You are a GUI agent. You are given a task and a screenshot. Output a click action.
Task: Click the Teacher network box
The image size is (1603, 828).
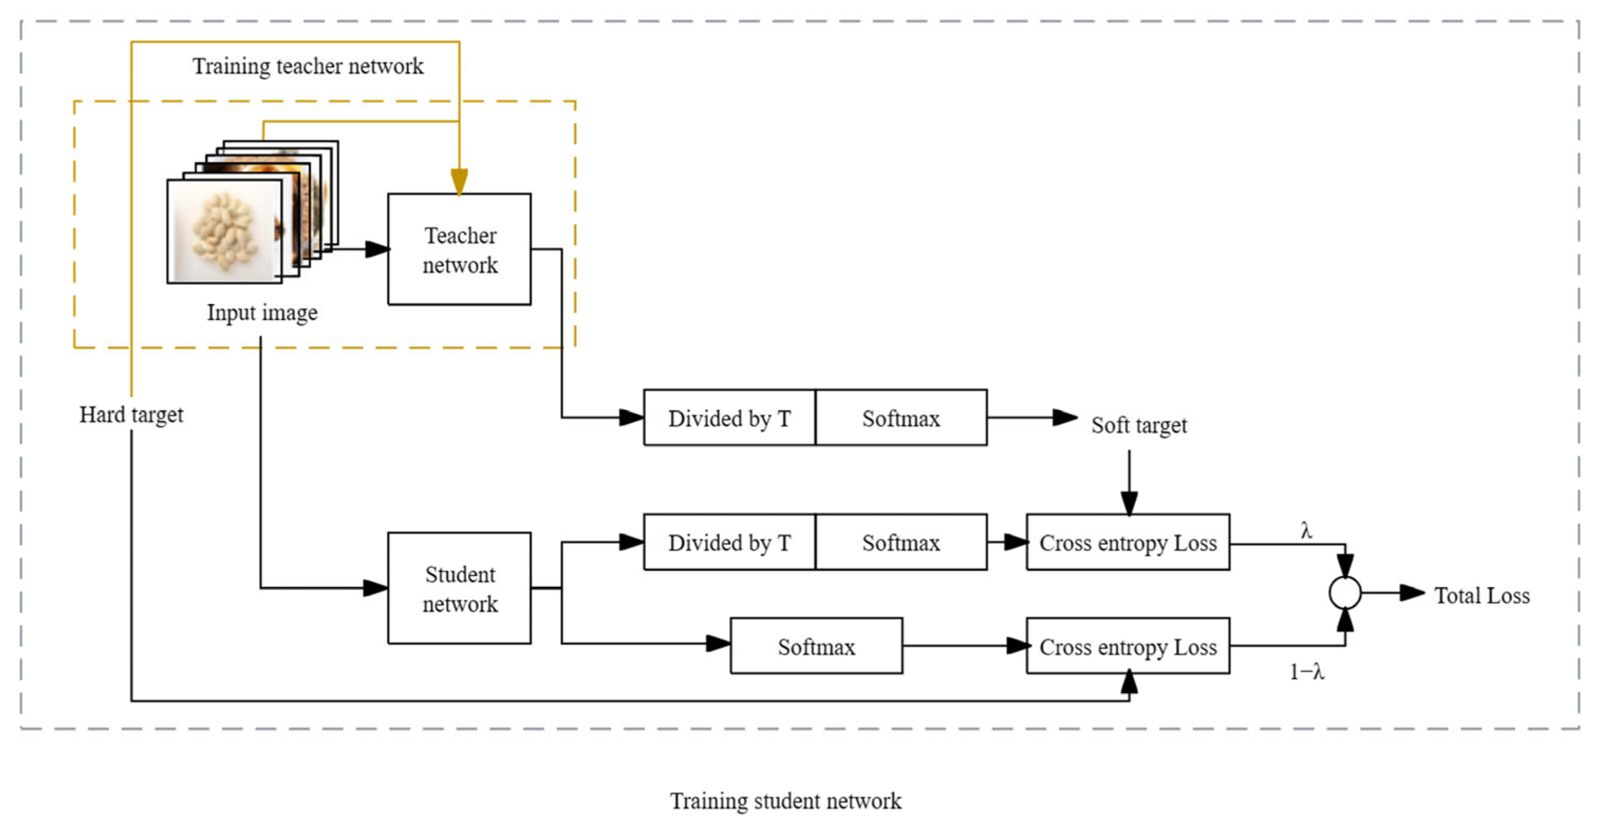tap(459, 249)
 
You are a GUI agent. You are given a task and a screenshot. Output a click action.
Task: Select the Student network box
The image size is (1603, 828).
tap(459, 588)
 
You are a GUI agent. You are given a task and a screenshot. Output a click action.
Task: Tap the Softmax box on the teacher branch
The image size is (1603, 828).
tap(900, 418)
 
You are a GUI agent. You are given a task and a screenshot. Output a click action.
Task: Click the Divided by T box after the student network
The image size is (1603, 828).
tap(729, 542)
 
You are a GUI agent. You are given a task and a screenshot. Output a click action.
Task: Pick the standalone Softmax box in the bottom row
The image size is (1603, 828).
tap(816, 646)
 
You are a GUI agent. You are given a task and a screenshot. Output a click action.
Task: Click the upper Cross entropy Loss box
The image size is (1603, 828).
tap(1128, 542)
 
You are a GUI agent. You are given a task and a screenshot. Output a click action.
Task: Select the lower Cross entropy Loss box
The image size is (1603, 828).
tap(1128, 646)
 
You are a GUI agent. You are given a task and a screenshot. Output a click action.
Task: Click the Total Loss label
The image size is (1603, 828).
tap(1482, 596)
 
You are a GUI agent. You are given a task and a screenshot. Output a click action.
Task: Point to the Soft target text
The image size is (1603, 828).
tap(1139, 425)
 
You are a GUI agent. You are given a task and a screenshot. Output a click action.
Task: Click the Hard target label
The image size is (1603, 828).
tap(131, 415)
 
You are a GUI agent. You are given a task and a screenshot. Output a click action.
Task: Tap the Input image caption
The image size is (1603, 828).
tap(262, 313)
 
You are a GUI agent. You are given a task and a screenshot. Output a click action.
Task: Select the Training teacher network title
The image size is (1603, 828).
tap(307, 66)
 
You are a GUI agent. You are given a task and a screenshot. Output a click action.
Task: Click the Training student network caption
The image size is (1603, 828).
tap(785, 801)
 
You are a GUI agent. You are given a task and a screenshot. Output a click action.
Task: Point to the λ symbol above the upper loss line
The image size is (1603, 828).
tap(1306, 531)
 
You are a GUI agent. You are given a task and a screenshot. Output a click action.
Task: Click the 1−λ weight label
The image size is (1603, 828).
tap(1307, 672)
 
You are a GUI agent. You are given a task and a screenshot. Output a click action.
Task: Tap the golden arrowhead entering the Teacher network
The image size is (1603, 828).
tap(459, 182)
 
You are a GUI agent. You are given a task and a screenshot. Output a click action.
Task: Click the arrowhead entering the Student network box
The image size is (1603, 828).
tap(376, 588)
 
